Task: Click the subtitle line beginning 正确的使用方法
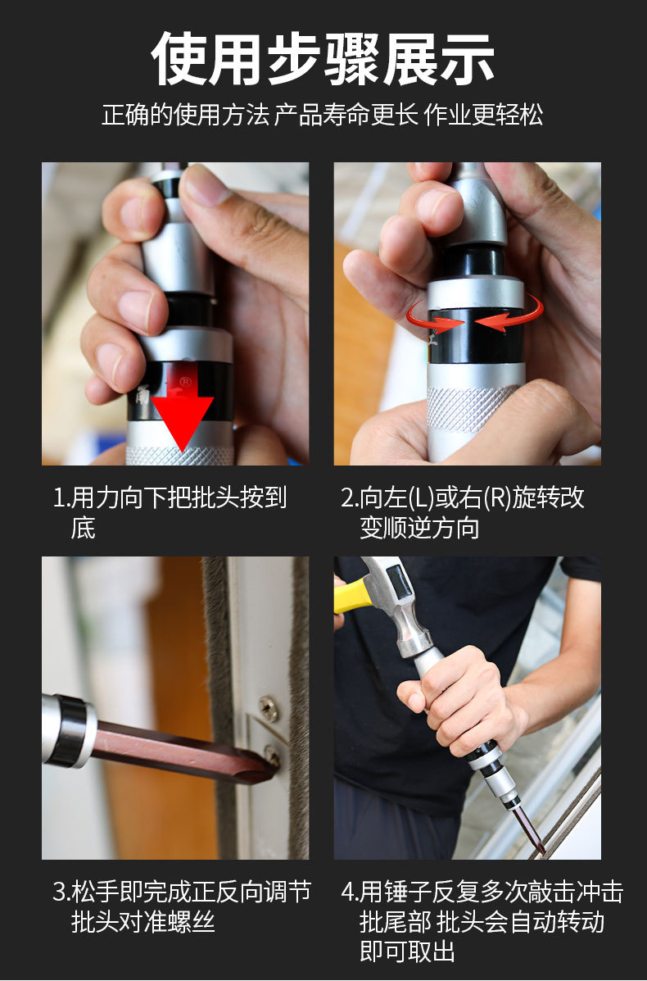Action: [x=323, y=115]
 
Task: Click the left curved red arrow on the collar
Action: [x=434, y=317]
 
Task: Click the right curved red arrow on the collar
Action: [x=509, y=314]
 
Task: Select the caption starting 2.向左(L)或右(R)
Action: [x=464, y=512]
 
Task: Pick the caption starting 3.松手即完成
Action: [x=182, y=906]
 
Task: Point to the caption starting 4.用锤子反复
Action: [x=482, y=921]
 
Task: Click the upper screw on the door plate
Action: [x=269, y=708]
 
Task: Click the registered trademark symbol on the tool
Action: [x=186, y=382]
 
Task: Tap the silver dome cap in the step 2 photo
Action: [x=474, y=207]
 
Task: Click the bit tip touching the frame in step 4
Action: [x=540, y=847]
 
